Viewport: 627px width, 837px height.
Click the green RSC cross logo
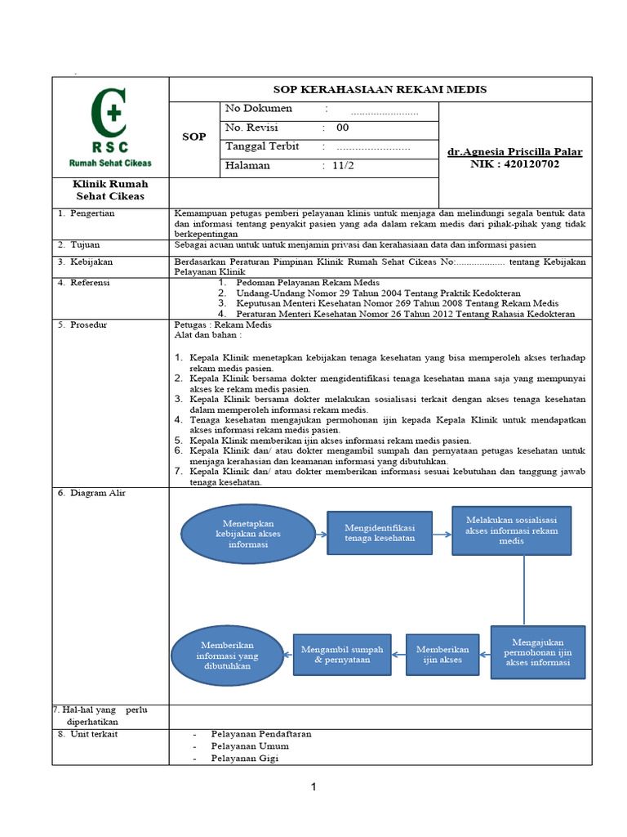click(109, 115)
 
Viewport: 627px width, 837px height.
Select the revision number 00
click(342, 128)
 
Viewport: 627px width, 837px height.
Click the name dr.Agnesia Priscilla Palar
click(515, 152)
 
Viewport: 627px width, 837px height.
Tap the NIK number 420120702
click(515, 164)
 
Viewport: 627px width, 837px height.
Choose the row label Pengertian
click(91, 213)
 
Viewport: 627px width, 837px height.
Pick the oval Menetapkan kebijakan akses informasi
click(247, 534)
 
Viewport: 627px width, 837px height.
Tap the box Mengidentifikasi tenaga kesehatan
click(380, 533)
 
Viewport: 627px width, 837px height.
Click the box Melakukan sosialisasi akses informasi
click(511, 530)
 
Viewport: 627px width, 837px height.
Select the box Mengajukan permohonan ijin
click(538, 651)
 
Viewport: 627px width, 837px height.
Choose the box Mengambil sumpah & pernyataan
click(342, 655)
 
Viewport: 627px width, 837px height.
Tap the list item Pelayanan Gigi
click(244, 758)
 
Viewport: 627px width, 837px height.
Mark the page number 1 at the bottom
click(313, 787)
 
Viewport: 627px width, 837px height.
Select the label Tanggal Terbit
click(262, 146)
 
